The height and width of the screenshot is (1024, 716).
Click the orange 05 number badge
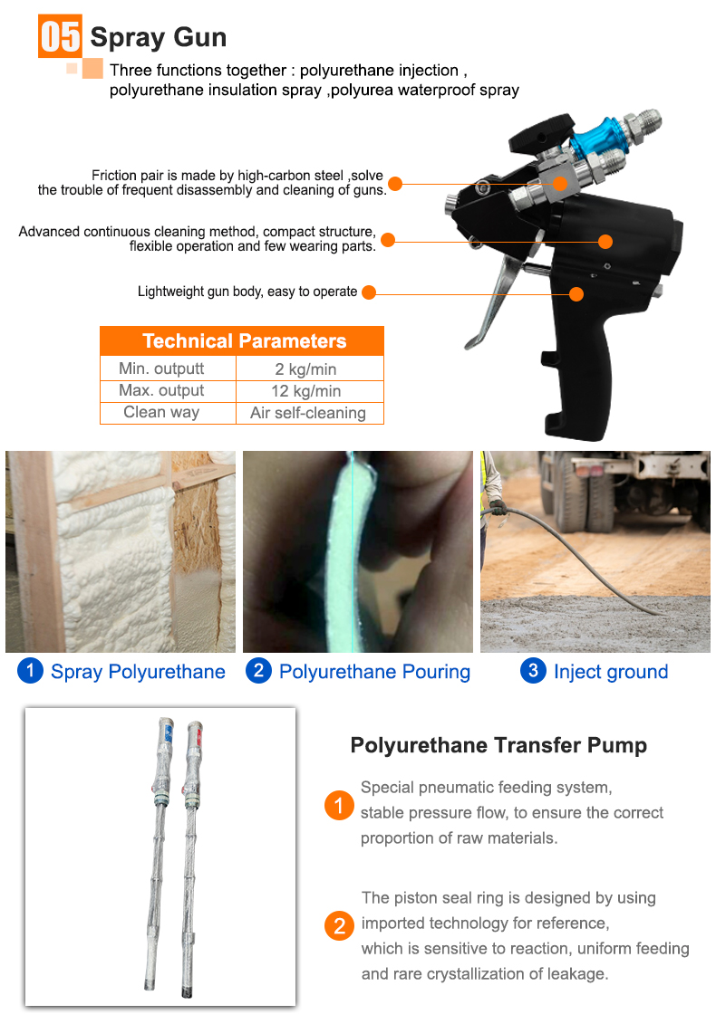coord(61,37)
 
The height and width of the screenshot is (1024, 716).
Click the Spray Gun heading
coord(158,38)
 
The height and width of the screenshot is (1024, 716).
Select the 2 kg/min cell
coord(308,368)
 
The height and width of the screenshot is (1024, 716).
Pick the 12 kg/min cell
coord(308,391)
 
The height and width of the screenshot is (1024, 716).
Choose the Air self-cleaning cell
coord(308,413)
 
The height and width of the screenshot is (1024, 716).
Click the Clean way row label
coord(161,412)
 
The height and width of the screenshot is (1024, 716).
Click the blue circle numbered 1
coord(30,671)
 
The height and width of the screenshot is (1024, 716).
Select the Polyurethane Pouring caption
coord(374,672)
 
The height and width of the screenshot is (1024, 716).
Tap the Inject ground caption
coord(610,672)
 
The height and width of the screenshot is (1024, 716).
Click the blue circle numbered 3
coord(533,671)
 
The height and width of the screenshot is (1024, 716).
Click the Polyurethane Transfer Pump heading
coord(498,746)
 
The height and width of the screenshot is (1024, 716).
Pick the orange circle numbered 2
coord(339,926)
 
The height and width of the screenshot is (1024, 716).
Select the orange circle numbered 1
coord(339,805)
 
